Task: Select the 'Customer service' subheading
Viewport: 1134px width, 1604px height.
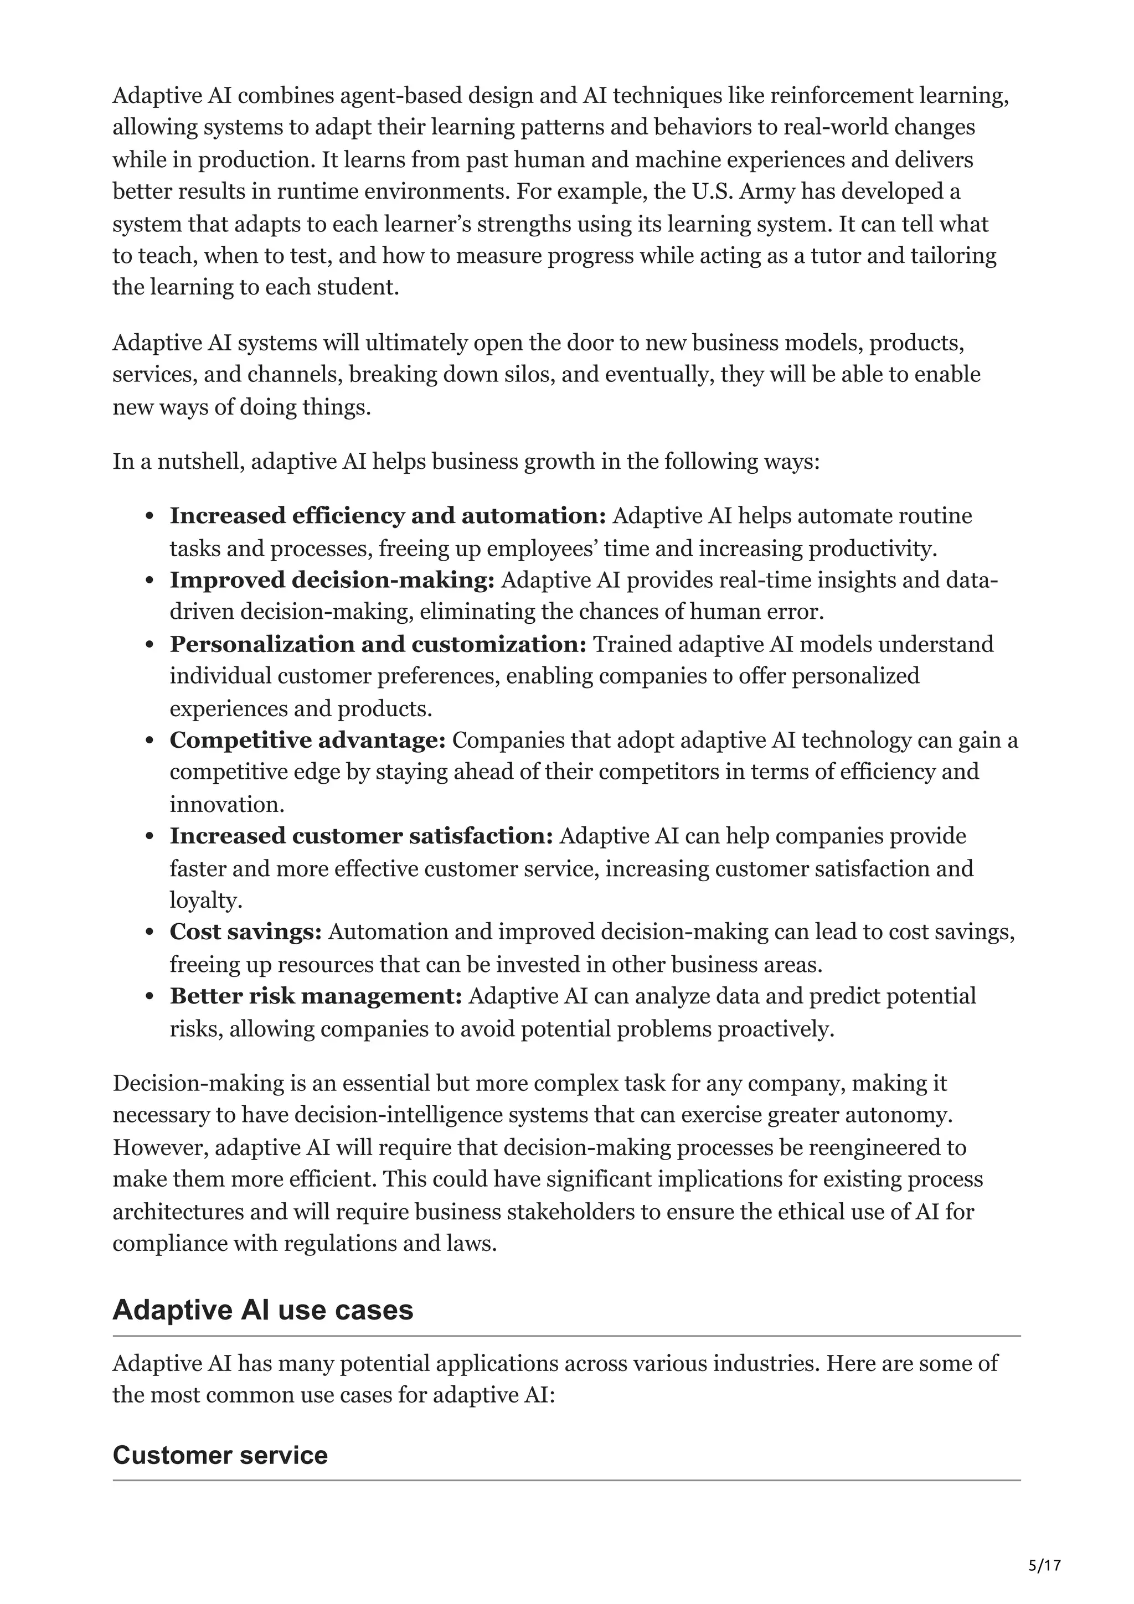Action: (220, 1455)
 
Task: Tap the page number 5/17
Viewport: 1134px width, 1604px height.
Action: (1044, 1566)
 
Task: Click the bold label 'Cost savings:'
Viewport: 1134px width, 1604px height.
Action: (245, 932)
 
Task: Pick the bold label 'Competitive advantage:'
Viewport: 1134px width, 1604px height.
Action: (307, 740)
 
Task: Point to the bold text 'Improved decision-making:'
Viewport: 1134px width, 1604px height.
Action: (332, 580)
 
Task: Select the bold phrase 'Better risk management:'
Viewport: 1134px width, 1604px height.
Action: (316, 996)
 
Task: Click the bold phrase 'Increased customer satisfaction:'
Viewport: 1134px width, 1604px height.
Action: (361, 836)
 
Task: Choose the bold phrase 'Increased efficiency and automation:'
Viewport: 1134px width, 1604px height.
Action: (388, 516)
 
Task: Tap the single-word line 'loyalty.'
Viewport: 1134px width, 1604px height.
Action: (205, 901)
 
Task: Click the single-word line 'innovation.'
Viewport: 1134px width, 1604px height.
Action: (227, 804)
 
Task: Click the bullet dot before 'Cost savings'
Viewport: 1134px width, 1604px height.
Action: (150, 933)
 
